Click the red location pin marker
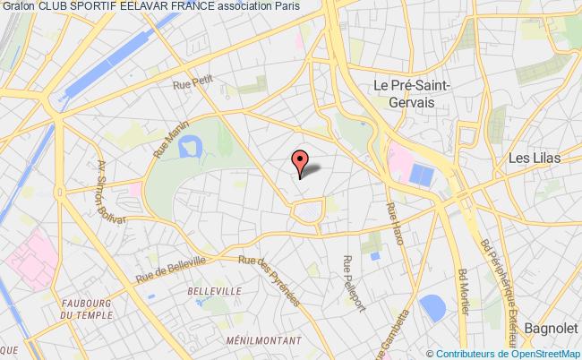point(299,160)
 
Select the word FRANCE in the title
point(173,7)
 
